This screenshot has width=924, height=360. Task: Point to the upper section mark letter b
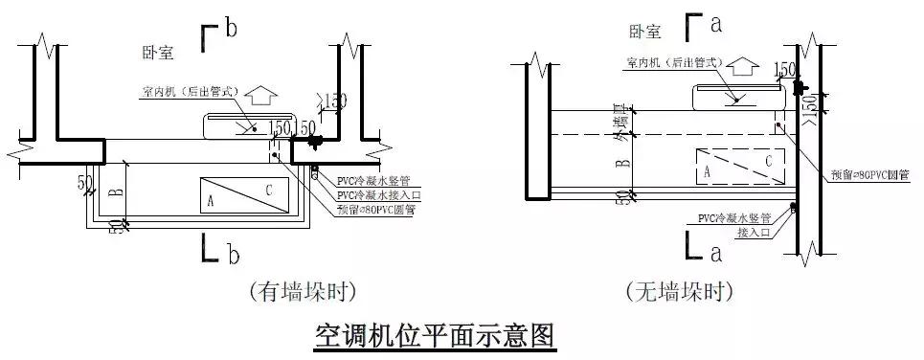[230, 30]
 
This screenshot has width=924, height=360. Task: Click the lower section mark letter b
[230, 254]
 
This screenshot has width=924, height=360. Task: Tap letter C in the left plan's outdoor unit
[269, 191]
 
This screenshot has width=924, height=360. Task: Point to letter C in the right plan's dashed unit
[768, 162]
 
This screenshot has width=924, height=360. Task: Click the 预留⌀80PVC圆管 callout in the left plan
[376, 207]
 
